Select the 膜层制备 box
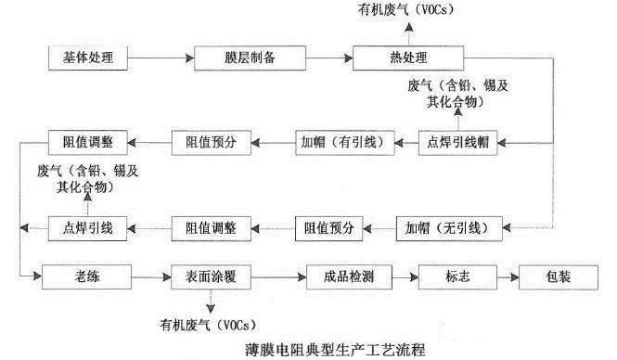(x=238, y=58)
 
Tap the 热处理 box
(x=391, y=58)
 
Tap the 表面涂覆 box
(x=212, y=276)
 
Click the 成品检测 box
(x=345, y=276)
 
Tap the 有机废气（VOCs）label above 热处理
(x=404, y=10)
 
